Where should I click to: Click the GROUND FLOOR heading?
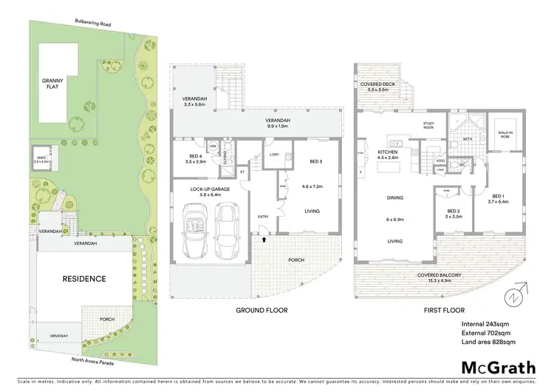click(261, 310)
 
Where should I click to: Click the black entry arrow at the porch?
click(262, 240)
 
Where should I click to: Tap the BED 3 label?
click(316, 161)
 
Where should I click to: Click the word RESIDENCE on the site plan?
click(83, 279)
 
